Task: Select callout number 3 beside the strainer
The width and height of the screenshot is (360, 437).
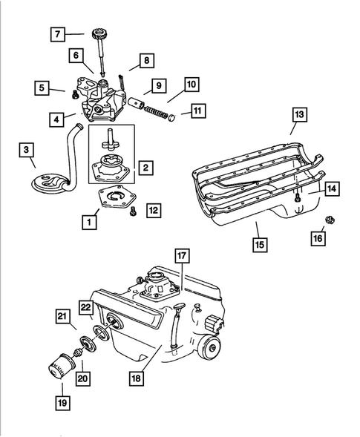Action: [x=27, y=151]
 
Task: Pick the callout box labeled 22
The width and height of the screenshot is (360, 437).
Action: [x=86, y=308]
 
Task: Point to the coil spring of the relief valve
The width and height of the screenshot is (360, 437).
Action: [x=152, y=112]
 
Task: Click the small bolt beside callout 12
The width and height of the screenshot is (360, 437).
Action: [x=132, y=212]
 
